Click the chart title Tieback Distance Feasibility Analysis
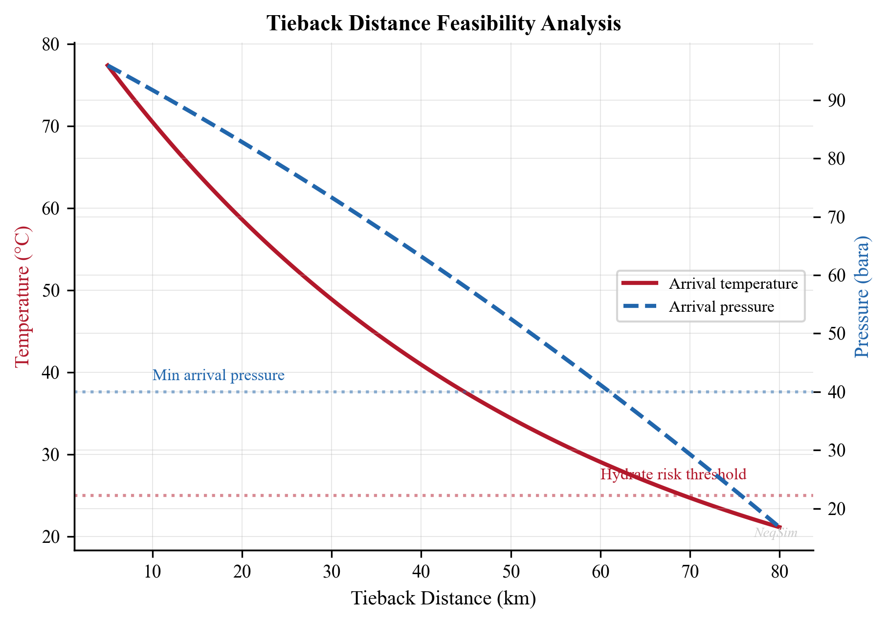click(x=443, y=24)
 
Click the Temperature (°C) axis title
click(x=22, y=297)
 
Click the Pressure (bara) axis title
click(x=863, y=297)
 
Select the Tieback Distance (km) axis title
click(x=443, y=598)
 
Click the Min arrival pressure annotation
click(x=218, y=375)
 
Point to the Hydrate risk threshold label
click(x=673, y=474)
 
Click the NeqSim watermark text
click(x=776, y=533)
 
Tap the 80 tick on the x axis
click(x=779, y=572)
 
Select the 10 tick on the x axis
click(x=153, y=572)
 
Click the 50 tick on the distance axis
click(x=511, y=572)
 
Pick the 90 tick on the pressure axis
click(x=836, y=101)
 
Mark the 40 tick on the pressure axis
click(x=836, y=392)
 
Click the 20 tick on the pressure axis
click(x=836, y=509)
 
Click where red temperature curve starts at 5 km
click(x=107, y=65)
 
